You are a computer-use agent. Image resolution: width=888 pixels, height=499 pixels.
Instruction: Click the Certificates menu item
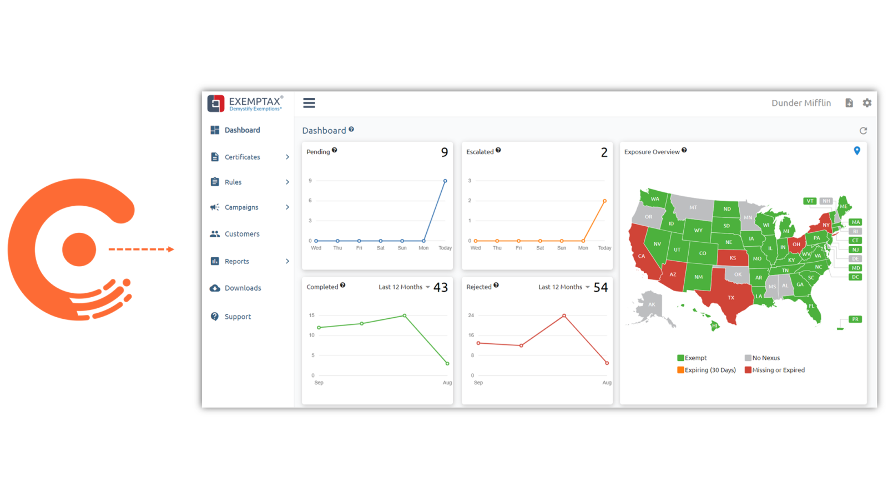tap(242, 157)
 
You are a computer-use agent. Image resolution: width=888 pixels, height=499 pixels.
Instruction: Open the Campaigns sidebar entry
tap(241, 207)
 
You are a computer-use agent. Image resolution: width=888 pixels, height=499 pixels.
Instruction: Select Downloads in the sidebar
tap(243, 288)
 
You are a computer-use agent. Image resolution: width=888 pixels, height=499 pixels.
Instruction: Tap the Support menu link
tap(238, 317)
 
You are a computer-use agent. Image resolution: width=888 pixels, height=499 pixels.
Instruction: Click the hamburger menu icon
tap(309, 103)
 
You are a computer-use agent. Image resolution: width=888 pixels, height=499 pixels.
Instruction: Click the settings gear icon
tap(867, 103)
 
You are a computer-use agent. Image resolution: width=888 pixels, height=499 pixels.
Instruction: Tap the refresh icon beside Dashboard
tap(863, 131)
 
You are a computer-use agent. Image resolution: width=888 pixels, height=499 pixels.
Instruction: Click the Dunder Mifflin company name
tap(801, 103)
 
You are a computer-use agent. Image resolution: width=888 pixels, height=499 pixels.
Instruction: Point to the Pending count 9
tap(445, 152)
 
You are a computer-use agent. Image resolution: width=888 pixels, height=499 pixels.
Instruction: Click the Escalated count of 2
tap(604, 152)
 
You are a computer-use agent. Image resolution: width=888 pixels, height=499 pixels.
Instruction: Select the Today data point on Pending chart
tap(445, 181)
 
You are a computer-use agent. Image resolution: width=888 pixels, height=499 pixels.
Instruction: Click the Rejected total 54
tap(601, 288)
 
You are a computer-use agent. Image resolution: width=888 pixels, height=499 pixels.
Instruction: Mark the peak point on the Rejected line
tap(564, 316)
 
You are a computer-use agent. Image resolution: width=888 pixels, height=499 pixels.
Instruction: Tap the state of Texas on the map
tap(729, 297)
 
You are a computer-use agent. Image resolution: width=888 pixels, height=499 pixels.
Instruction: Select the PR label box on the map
tap(855, 319)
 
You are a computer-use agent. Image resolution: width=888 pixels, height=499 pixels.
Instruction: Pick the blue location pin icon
tap(857, 151)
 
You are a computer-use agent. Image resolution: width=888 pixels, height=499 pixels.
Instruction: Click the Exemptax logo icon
tap(216, 103)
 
